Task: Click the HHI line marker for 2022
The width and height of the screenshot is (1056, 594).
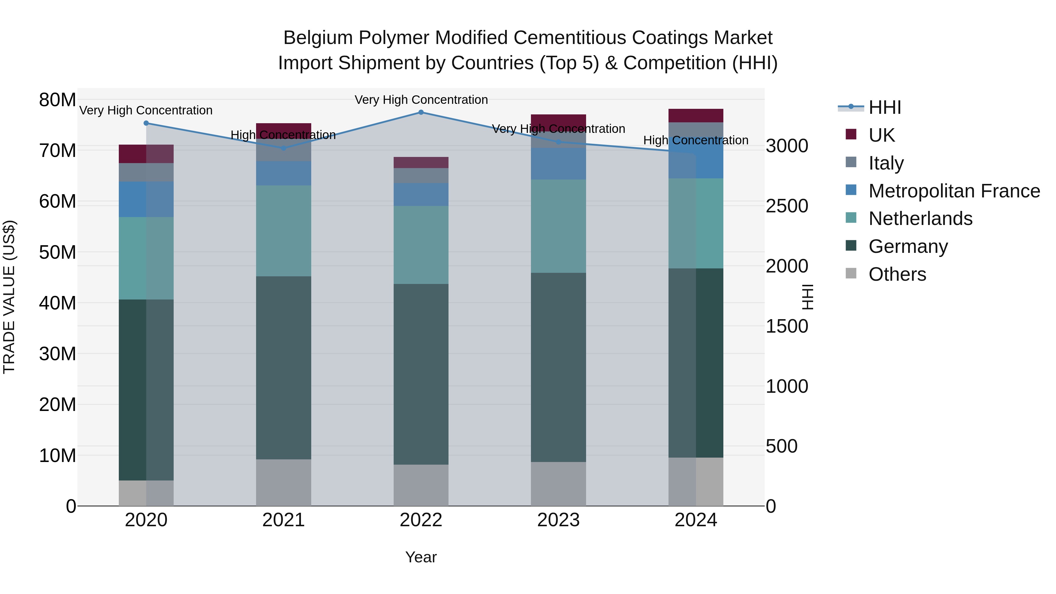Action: [421, 112]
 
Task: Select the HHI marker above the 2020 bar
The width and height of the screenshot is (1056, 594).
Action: [146, 123]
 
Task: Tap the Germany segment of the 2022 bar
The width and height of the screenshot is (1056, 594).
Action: [421, 374]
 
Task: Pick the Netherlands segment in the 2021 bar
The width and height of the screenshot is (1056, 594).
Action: [284, 231]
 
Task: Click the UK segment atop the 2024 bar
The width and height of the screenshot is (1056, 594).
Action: [696, 116]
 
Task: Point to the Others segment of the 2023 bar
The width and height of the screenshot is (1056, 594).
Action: [558, 484]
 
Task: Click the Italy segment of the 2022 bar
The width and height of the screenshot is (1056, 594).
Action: [421, 175]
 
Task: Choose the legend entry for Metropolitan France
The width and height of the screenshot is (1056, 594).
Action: [954, 191]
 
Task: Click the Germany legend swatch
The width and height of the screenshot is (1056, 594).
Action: [851, 246]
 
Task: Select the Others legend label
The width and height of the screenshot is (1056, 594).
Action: [897, 274]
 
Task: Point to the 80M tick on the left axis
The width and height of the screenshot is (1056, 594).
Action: [57, 100]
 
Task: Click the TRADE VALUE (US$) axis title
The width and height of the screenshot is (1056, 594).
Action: [9, 297]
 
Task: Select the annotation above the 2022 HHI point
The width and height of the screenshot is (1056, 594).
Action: [421, 100]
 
